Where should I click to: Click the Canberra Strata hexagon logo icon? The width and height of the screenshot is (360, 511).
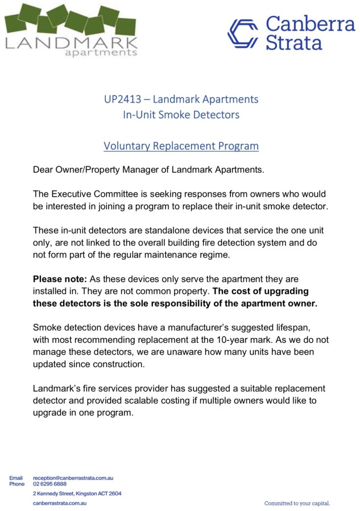coord(243,34)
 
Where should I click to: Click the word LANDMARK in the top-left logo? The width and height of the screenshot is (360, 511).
coord(71,43)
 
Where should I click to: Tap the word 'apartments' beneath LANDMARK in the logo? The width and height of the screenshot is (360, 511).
coord(101,53)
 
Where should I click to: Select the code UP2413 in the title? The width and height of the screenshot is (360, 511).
coord(123,99)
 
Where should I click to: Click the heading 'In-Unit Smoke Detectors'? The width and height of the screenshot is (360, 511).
coord(181,115)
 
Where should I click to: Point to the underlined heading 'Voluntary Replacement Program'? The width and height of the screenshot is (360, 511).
coord(181,146)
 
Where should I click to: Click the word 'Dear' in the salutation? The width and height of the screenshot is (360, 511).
coord(43,169)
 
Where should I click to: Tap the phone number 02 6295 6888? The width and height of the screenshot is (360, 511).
coord(50,484)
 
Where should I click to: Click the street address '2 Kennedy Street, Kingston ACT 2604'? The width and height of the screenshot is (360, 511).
coord(77,493)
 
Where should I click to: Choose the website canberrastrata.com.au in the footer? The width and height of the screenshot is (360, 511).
coord(60,503)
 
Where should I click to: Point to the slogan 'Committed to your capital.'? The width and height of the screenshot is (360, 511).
coord(297,504)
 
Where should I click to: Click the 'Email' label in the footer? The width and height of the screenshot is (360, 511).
coord(16,479)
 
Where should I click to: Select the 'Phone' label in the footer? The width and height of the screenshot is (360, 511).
coord(17,484)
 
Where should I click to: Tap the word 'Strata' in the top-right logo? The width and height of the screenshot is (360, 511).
coord(294,42)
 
